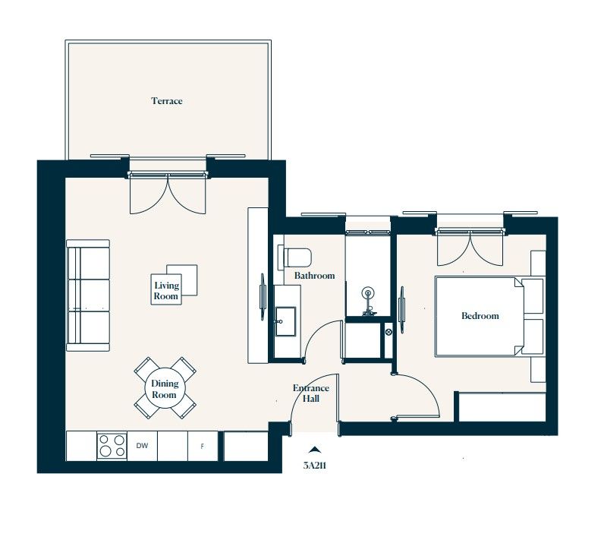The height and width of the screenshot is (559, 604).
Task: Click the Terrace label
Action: point(166,101)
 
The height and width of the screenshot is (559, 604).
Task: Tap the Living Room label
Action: point(167,291)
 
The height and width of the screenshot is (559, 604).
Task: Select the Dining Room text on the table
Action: point(165,390)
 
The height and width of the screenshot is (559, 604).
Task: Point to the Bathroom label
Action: point(314,276)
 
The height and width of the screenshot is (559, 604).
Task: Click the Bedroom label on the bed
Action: point(480,316)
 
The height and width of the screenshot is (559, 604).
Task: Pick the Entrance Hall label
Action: point(311,393)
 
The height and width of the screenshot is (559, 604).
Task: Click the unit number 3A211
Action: point(315,466)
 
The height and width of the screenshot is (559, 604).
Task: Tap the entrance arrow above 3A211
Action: point(315,450)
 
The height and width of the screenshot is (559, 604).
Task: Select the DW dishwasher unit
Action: point(142,447)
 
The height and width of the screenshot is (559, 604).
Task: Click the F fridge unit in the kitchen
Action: point(203,447)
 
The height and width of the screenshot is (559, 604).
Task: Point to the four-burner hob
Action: point(112,446)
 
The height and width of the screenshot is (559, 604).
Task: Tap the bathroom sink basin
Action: point(287,321)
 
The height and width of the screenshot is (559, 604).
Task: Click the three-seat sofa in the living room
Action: point(88,295)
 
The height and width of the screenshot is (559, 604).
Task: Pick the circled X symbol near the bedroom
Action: point(389,332)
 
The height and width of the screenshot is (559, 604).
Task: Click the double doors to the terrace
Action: point(168,194)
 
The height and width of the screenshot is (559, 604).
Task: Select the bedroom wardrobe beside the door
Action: point(501,406)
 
